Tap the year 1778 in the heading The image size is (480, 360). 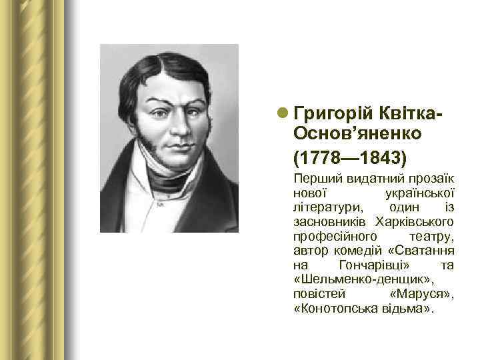coord(318,161)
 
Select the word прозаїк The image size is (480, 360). coord(433,179)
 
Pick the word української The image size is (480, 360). coord(421,193)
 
